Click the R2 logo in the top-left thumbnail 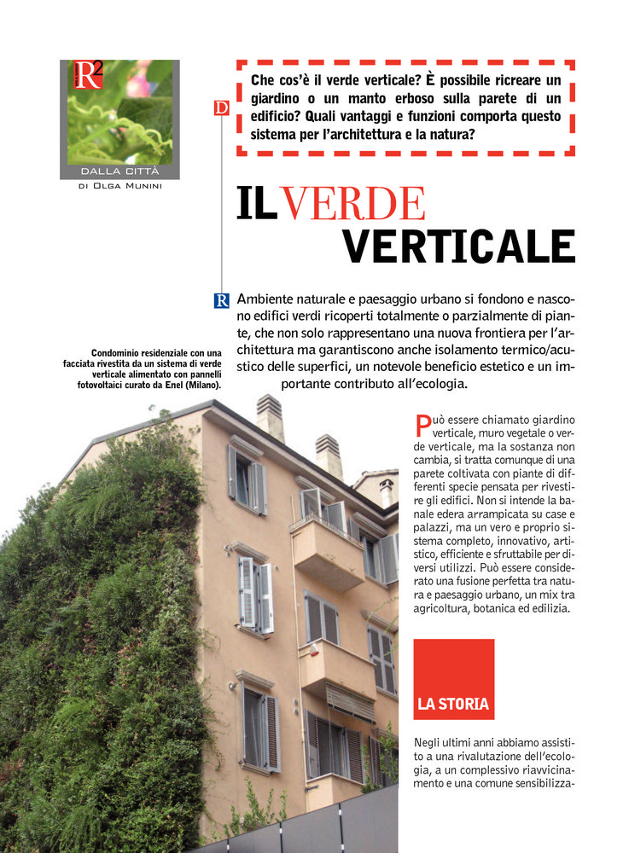pos(88,75)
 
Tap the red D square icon pos(221,107)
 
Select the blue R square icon pos(221,300)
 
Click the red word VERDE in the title pos(352,203)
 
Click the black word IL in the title pos(256,203)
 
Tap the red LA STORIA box pos(453,679)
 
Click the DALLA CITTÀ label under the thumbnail pos(119,171)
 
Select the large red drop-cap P pos(422,425)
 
